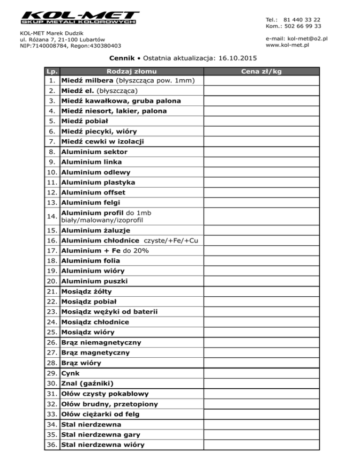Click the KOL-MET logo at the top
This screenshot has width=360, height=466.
pos(80,18)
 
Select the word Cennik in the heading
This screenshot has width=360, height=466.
pos(122,58)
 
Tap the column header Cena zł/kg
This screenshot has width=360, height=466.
pos(261,71)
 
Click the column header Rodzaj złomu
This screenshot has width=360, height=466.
pos(132,71)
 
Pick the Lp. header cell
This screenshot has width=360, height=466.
pos(52,71)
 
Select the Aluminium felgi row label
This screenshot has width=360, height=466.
pos(91,203)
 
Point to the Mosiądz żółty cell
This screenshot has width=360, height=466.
pos(87,292)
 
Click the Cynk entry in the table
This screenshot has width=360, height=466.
pos(71,373)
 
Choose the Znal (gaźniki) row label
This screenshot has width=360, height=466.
pos(88,383)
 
